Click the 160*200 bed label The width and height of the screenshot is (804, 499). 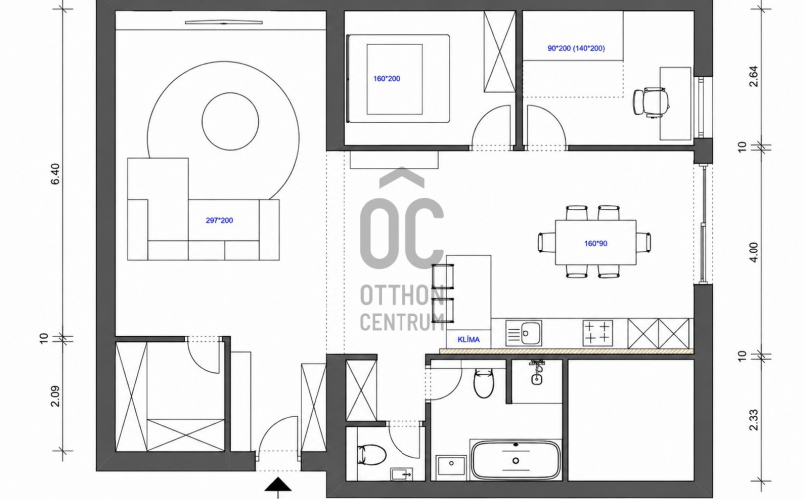point(387,79)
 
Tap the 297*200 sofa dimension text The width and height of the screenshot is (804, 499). point(219,221)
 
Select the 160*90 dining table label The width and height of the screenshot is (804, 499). point(596,243)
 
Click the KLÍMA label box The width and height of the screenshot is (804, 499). point(469,339)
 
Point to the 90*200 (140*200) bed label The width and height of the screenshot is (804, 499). point(576,49)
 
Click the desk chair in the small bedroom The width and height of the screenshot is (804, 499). point(650,101)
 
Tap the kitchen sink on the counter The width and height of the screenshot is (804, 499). point(523,333)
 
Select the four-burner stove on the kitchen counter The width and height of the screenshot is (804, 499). point(598,332)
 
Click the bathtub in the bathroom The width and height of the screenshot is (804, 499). point(515,460)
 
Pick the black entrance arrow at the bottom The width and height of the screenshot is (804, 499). point(278,485)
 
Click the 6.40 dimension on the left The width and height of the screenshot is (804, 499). point(55,174)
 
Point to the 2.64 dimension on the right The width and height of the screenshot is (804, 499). point(753,76)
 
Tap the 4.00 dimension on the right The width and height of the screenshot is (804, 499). point(753,252)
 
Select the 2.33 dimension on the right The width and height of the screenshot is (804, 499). point(753,420)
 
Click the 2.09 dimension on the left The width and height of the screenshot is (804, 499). point(55,396)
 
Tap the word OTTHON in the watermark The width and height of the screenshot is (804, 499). point(402,295)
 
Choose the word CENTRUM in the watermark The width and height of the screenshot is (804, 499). point(402,321)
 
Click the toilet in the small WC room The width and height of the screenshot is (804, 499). point(372,454)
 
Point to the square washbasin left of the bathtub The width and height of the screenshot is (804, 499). point(451,466)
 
